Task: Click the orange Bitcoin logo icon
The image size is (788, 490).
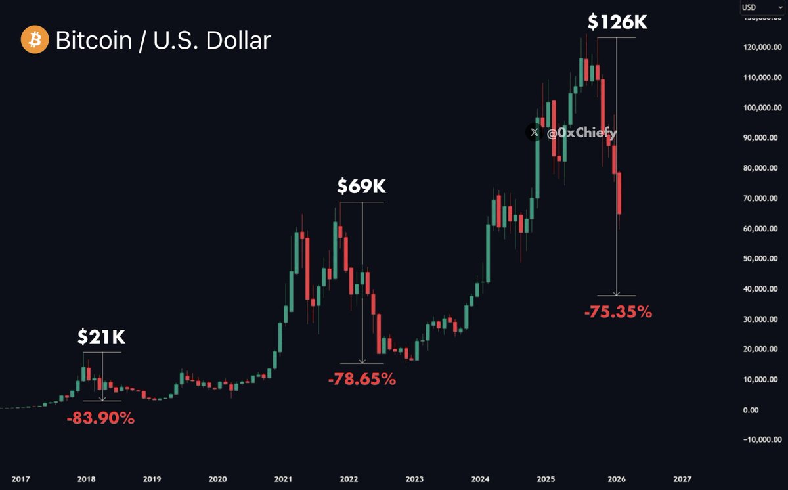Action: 33,41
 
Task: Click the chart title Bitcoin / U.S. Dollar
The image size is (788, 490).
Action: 163,41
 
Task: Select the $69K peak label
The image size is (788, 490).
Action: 361,187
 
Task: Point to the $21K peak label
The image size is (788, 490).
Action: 101,338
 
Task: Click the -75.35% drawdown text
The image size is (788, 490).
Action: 618,313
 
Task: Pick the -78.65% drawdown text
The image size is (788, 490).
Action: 362,379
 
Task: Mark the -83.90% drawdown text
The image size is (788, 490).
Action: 100,418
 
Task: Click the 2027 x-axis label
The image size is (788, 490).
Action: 682,479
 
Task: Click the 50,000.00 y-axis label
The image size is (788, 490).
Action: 758,259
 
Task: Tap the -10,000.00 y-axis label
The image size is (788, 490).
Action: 756,440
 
